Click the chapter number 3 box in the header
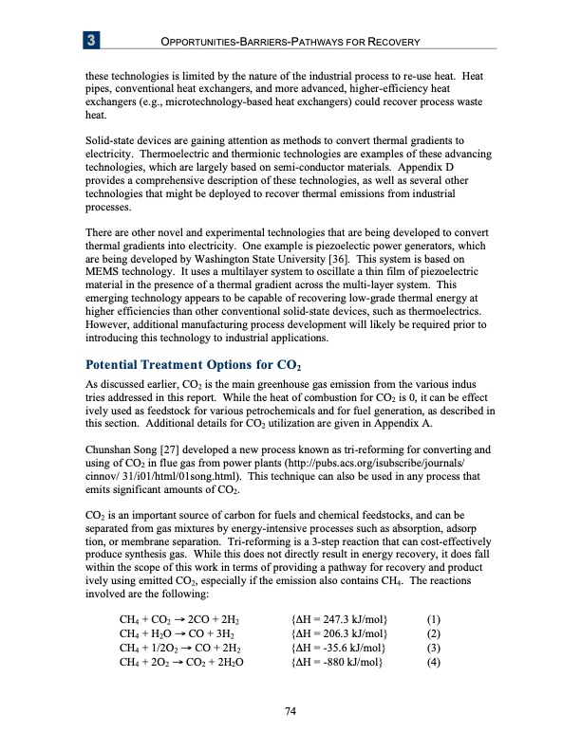[92, 41]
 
